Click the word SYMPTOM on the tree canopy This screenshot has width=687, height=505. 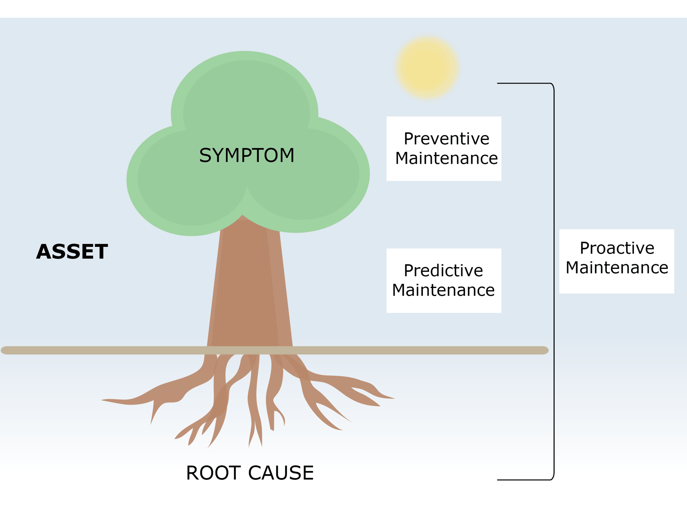(x=247, y=156)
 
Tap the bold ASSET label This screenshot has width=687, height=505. (x=72, y=252)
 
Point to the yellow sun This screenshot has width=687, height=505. (x=427, y=68)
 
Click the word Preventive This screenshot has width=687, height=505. (x=446, y=139)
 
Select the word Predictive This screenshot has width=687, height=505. (x=443, y=271)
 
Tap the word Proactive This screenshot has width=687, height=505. (x=617, y=248)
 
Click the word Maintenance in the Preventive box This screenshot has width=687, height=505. (x=446, y=158)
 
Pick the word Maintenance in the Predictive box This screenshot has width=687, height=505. (x=443, y=290)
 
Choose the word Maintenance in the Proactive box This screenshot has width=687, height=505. (x=617, y=268)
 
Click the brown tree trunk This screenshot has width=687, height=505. (x=250, y=290)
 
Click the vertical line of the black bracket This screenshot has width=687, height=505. (x=553, y=282)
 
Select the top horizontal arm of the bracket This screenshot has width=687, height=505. (x=523, y=83)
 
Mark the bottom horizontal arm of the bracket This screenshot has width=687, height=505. (x=523, y=479)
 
